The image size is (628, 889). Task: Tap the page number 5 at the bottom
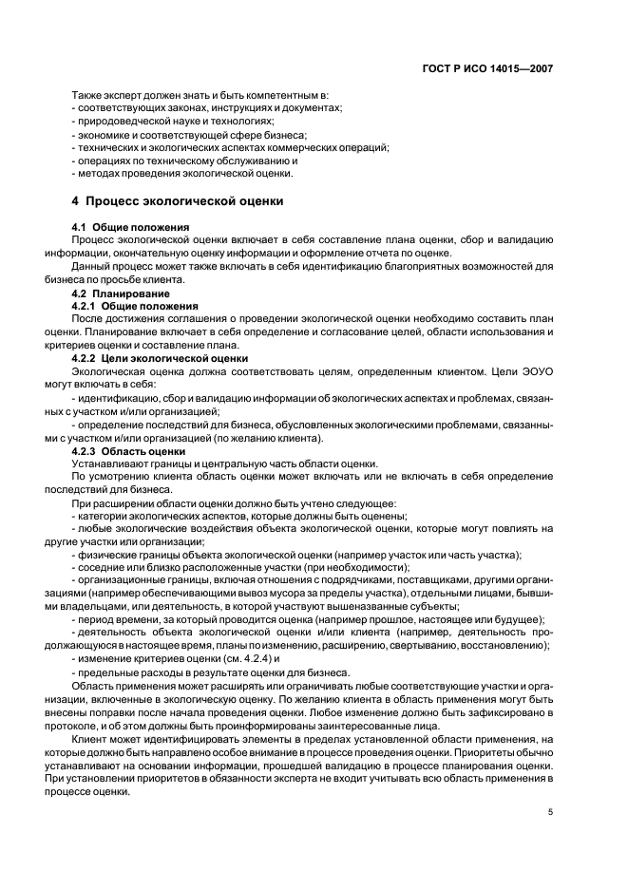click(x=551, y=812)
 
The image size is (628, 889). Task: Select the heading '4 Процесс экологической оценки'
click(x=180, y=201)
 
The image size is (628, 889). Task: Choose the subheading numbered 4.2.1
click(x=135, y=307)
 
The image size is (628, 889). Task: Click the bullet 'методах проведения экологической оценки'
click(x=183, y=174)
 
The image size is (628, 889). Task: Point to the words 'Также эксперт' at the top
click(x=105, y=96)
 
